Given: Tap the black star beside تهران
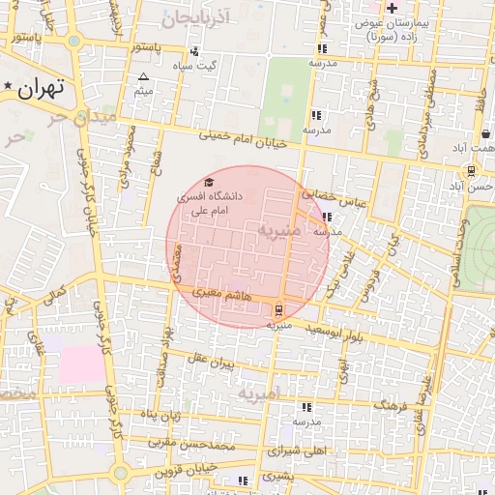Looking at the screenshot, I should [x=9, y=87].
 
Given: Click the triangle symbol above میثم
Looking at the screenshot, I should [x=144, y=76].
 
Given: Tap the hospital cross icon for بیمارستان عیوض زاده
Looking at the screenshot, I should [x=391, y=9].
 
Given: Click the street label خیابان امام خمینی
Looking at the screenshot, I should [x=245, y=139].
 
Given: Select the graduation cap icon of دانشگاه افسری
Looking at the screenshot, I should [x=209, y=182].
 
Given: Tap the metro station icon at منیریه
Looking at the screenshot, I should [x=279, y=309].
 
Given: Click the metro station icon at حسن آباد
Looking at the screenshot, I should [x=471, y=170].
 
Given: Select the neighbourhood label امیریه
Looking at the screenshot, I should [x=258, y=394].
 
